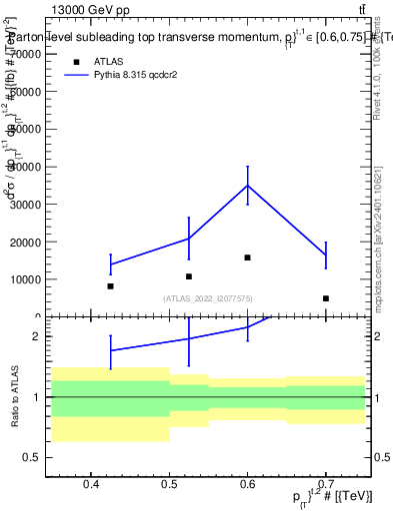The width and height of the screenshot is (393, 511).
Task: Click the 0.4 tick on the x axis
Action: (x=91, y=485)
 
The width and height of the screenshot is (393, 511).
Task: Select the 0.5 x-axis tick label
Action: (x=169, y=485)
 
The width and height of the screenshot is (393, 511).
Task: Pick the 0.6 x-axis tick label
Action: (x=248, y=485)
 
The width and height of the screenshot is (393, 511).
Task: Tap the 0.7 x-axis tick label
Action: (x=326, y=485)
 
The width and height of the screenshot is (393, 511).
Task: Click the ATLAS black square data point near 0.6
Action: (x=248, y=257)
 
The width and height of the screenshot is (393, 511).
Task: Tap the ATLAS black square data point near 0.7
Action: (x=326, y=298)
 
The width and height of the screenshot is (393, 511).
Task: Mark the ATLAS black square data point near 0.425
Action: (x=110, y=286)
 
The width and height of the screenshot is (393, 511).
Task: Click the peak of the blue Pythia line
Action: (x=248, y=185)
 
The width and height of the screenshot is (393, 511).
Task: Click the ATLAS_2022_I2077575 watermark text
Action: (x=209, y=298)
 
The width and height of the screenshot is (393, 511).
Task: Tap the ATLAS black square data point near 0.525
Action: (x=189, y=276)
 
